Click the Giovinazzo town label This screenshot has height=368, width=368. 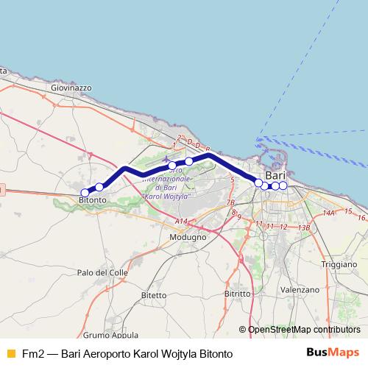[71, 87]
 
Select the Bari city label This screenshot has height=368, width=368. [275, 176]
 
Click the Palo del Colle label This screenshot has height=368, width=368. [102, 272]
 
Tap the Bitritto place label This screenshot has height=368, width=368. [238, 293]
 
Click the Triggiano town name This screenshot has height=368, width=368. [339, 263]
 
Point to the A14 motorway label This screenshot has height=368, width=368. [182, 222]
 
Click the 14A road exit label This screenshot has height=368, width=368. [329, 213]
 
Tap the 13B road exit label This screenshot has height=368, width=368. [303, 227]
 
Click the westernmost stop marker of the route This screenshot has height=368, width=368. [85, 193]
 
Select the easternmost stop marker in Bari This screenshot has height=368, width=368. [283, 185]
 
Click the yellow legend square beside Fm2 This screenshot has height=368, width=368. [10, 353]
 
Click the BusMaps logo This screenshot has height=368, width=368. [333, 353]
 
